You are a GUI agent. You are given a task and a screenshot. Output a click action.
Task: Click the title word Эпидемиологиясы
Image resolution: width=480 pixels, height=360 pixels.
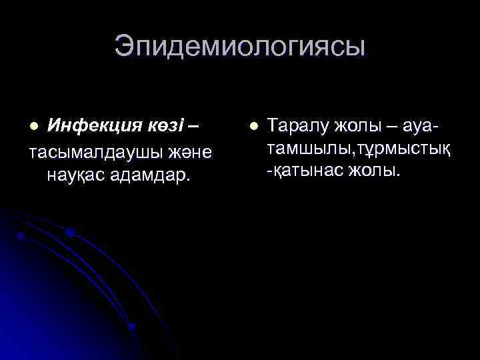(x=240, y=47)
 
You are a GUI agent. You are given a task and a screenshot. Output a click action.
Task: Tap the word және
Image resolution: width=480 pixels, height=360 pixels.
(x=191, y=153)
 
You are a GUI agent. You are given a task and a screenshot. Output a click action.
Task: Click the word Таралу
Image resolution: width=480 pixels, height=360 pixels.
(x=297, y=125)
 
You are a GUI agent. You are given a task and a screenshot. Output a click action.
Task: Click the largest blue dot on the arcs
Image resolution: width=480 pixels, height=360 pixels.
(x=69, y=232)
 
